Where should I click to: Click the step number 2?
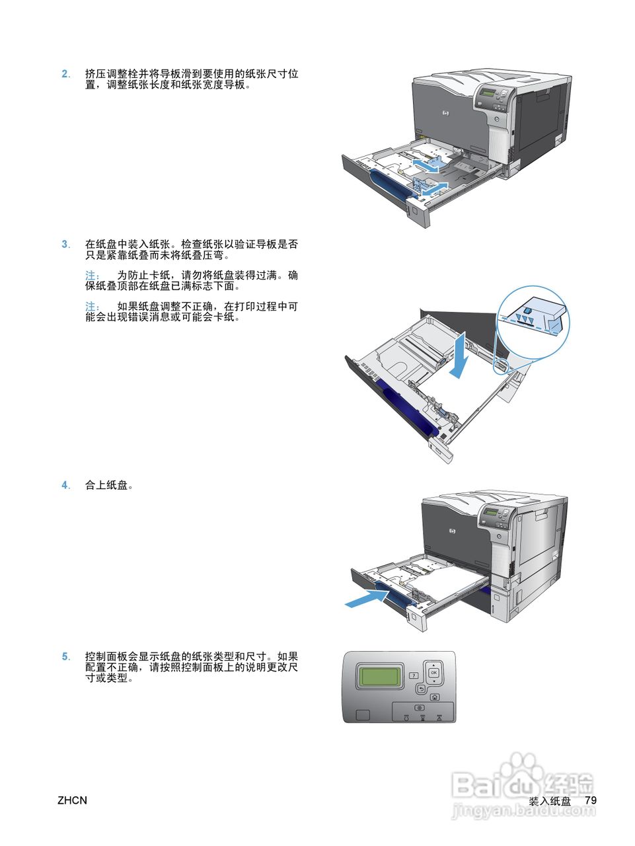tap(65, 74)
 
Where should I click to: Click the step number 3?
tap(65, 245)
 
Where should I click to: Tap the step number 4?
tap(65, 485)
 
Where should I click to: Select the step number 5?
tap(65, 656)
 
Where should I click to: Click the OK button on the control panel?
tap(434, 673)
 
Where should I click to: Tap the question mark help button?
tap(414, 675)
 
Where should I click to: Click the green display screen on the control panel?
tap(379, 676)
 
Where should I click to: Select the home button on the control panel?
tap(435, 697)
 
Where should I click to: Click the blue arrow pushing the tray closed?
tap(367, 599)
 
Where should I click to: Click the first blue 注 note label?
tap(93, 276)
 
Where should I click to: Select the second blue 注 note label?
tap(93, 307)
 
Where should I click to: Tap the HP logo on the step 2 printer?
tap(446, 113)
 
